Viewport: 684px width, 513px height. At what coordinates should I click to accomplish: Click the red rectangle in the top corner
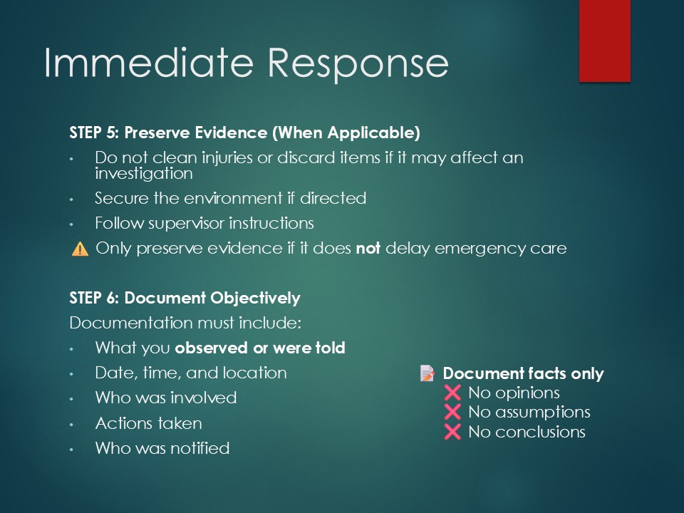pos(605,41)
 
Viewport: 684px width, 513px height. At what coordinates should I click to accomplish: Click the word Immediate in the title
pos(149,63)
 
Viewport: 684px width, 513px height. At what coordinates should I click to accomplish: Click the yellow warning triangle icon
pos(80,249)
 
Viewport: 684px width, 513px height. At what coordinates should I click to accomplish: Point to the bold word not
pos(368,249)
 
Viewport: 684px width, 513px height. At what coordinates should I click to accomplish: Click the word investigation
pos(144,174)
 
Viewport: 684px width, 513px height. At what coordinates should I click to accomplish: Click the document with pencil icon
pos(427,373)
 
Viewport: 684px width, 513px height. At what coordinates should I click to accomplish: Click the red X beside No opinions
pos(452,393)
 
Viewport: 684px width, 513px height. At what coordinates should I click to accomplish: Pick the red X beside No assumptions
pos(452,412)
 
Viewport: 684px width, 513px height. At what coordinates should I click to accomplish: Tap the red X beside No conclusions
pos(452,432)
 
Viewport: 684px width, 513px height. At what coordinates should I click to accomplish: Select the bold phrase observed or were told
pos(260,348)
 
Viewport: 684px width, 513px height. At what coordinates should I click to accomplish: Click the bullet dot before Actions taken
pos(71,424)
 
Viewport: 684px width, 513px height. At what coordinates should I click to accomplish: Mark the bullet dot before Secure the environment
pos(71,199)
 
